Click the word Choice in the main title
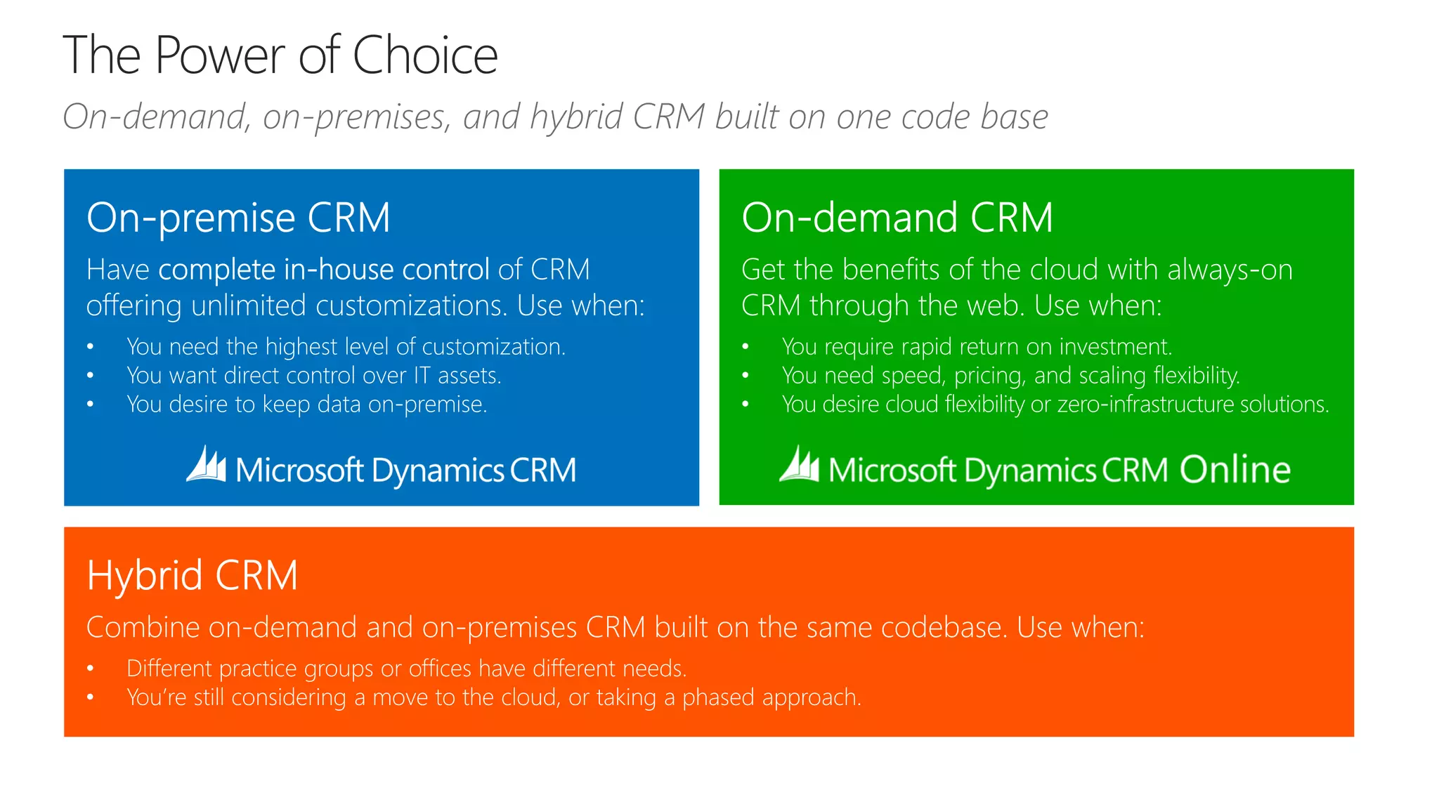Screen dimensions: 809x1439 (x=424, y=55)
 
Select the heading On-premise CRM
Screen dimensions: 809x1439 (x=238, y=217)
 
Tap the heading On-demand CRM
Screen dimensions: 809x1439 (x=897, y=217)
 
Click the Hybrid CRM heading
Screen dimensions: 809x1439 (x=192, y=575)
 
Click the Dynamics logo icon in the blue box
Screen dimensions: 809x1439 (x=206, y=465)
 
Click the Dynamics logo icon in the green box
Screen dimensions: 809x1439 (x=799, y=465)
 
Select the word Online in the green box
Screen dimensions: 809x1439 (x=1235, y=469)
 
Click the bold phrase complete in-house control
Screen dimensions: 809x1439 (x=324, y=270)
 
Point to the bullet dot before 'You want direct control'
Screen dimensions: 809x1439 (x=90, y=376)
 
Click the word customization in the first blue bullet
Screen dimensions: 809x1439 (x=492, y=347)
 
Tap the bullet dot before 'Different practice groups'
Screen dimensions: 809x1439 (x=90, y=669)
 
